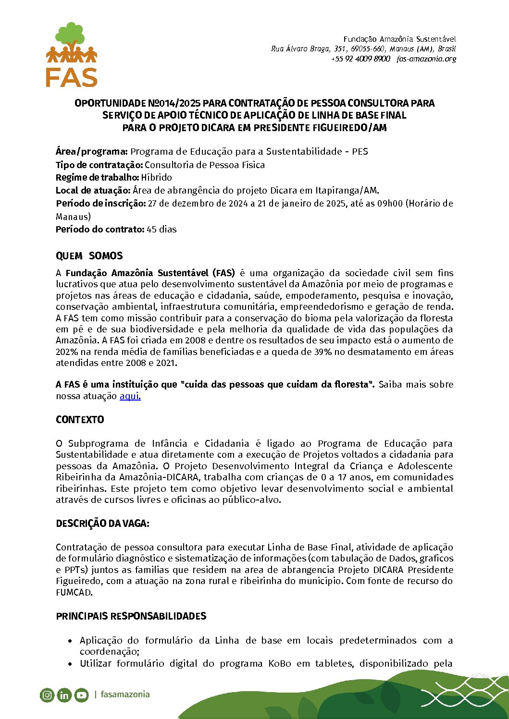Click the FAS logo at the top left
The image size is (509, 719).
[x=72, y=55]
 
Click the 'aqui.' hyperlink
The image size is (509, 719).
[x=130, y=396]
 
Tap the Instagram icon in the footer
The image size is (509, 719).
[x=47, y=695]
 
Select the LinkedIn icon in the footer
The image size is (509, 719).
[x=64, y=695]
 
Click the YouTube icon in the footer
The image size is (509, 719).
[x=81, y=695]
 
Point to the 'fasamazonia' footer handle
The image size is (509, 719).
[x=125, y=694]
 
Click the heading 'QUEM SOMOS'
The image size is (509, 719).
[x=89, y=256]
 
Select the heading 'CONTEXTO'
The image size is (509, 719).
[x=80, y=420]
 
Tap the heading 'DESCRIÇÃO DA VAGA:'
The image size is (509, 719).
[x=102, y=524]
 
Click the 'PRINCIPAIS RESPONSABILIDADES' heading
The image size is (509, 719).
[x=131, y=616]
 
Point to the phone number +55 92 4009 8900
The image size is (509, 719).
[x=360, y=59]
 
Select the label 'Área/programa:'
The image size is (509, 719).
[x=92, y=152]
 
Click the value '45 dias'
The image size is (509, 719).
[x=161, y=230]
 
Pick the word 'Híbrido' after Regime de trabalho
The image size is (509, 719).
[x=156, y=178]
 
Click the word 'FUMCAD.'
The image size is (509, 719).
[x=74, y=593]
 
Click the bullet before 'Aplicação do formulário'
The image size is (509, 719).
[x=70, y=641]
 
